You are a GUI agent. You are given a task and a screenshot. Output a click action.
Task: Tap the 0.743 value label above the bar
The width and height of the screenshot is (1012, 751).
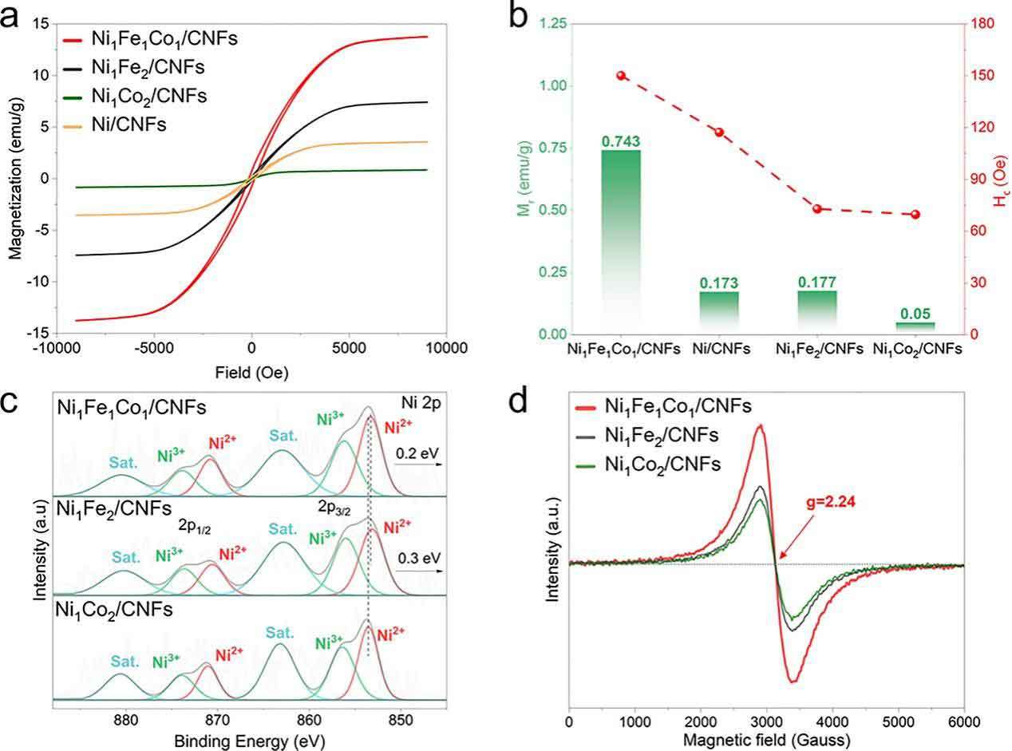[621, 142]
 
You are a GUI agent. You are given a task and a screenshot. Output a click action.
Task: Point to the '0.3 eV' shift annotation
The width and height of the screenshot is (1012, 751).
[417, 556]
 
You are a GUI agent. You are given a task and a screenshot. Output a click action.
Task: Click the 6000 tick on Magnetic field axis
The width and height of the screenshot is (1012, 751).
[963, 720]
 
